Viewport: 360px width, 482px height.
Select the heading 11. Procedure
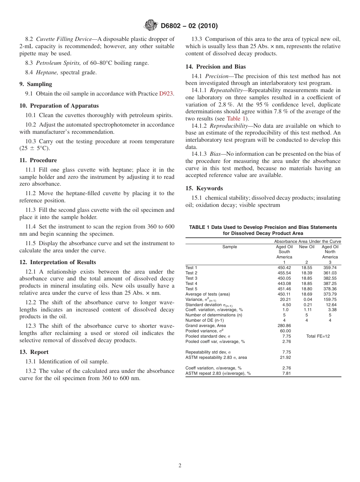pyautogui.click(x=38, y=160)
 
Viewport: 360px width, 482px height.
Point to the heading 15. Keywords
pyautogui.click(x=204, y=188)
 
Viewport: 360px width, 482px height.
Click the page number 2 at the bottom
pyautogui.click(x=180, y=466)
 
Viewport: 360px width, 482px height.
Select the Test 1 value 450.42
pyautogui.click(x=284, y=268)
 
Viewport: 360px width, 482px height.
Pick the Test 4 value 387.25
pyautogui.click(x=330, y=283)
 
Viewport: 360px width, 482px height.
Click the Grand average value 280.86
pyautogui.click(x=284, y=326)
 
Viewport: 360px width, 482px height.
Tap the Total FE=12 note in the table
pyautogui.click(x=318, y=336)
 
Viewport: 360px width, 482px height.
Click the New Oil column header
pyautogui.click(x=307, y=247)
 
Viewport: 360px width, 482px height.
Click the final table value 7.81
pyautogui.click(x=286, y=373)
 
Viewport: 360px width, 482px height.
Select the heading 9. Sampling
pyautogui.click(x=36, y=84)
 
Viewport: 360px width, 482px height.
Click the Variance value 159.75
pyautogui.click(x=330, y=299)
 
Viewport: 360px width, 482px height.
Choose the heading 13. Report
pyautogui.click(x=34, y=352)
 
